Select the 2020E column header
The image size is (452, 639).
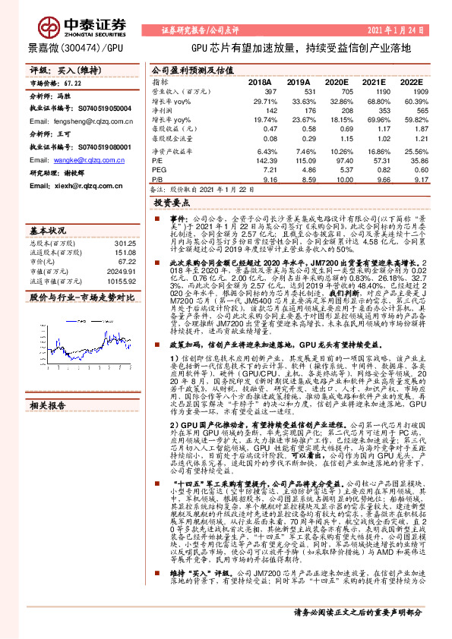333,80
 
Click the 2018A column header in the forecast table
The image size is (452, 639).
259,80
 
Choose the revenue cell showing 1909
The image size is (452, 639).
411,90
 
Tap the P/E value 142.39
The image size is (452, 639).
261,162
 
